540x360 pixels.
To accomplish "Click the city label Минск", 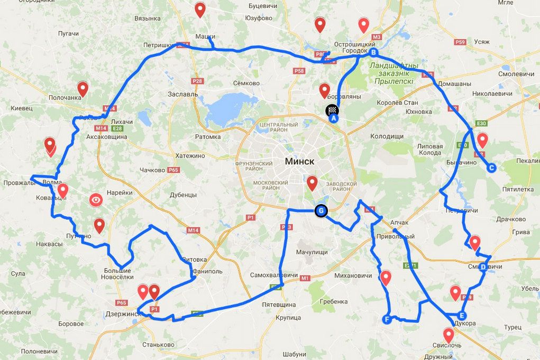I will pyautogui.click(x=299, y=162).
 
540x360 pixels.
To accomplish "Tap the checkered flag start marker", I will pyautogui.click(x=332, y=110).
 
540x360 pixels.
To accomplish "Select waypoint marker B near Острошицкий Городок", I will pyautogui.click(x=373, y=53).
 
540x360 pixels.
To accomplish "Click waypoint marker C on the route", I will pyautogui.click(x=491, y=168).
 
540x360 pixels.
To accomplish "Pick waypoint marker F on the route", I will pyautogui.click(x=387, y=319).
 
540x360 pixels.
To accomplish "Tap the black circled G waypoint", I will pyautogui.click(x=321, y=211).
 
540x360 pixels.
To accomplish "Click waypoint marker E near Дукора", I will pyautogui.click(x=456, y=313).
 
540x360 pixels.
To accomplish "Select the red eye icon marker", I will pyautogui.click(x=96, y=200).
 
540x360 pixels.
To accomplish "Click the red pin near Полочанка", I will pyautogui.click(x=83, y=88).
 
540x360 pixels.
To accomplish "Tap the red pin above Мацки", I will pyautogui.click(x=200, y=8).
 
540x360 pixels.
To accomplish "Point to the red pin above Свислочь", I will pyautogui.click(x=449, y=334).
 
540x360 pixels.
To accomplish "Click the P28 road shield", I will pyautogui.click(x=197, y=81).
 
